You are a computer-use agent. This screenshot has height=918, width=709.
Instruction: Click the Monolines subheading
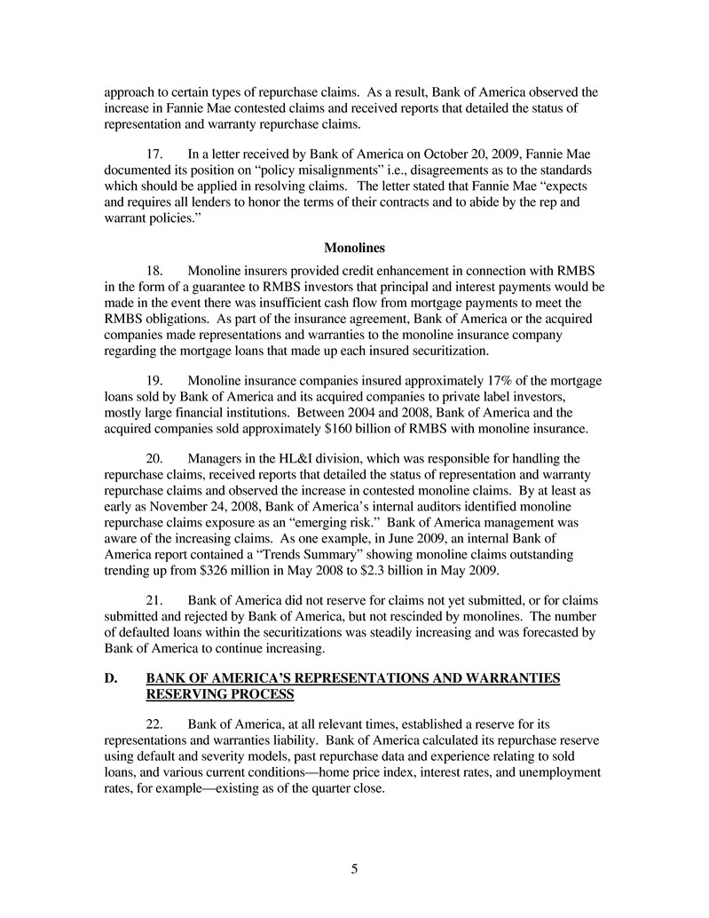click(x=354, y=248)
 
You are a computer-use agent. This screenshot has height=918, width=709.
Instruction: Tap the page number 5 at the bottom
click(x=354, y=869)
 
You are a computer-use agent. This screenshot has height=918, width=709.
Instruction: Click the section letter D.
click(x=110, y=679)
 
